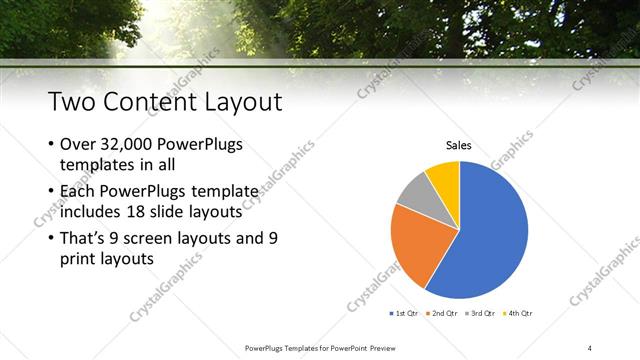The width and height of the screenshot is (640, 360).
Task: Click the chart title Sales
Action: point(459,146)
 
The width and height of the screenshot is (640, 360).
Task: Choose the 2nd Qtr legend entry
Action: point(446,313)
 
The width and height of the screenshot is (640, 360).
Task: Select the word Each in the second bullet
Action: point(81,190)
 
